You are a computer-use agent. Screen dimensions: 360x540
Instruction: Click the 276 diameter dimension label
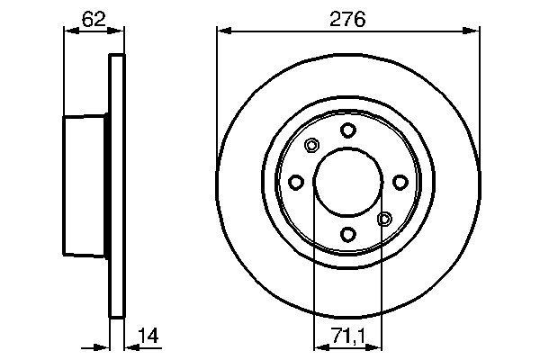point(347,17)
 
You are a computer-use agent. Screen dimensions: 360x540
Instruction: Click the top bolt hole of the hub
point(347,131)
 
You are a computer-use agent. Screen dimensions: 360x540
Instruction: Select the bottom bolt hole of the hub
point(347,235)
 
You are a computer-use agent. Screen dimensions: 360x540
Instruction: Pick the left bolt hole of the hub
point(296,183)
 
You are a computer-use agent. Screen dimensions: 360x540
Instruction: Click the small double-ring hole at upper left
point(312,147)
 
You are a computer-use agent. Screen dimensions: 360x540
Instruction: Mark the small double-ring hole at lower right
point(384,219)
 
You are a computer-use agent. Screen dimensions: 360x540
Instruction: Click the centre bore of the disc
point(347,183)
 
